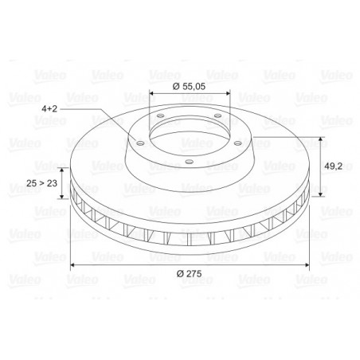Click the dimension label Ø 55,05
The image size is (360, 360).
[189, 87]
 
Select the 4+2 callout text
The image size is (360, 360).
[49, 109]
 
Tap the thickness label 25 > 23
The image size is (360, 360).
[41, 183]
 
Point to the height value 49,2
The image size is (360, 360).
[333, 166]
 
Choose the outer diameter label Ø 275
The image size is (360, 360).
[190, 273]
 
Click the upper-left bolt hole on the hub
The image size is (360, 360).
[160, 116]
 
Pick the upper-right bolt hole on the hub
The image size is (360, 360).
[217, 115]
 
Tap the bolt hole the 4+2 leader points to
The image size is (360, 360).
[140, 143]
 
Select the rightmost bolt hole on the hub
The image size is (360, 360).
[237, 143]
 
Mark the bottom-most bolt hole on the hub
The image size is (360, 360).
[189, 162]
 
